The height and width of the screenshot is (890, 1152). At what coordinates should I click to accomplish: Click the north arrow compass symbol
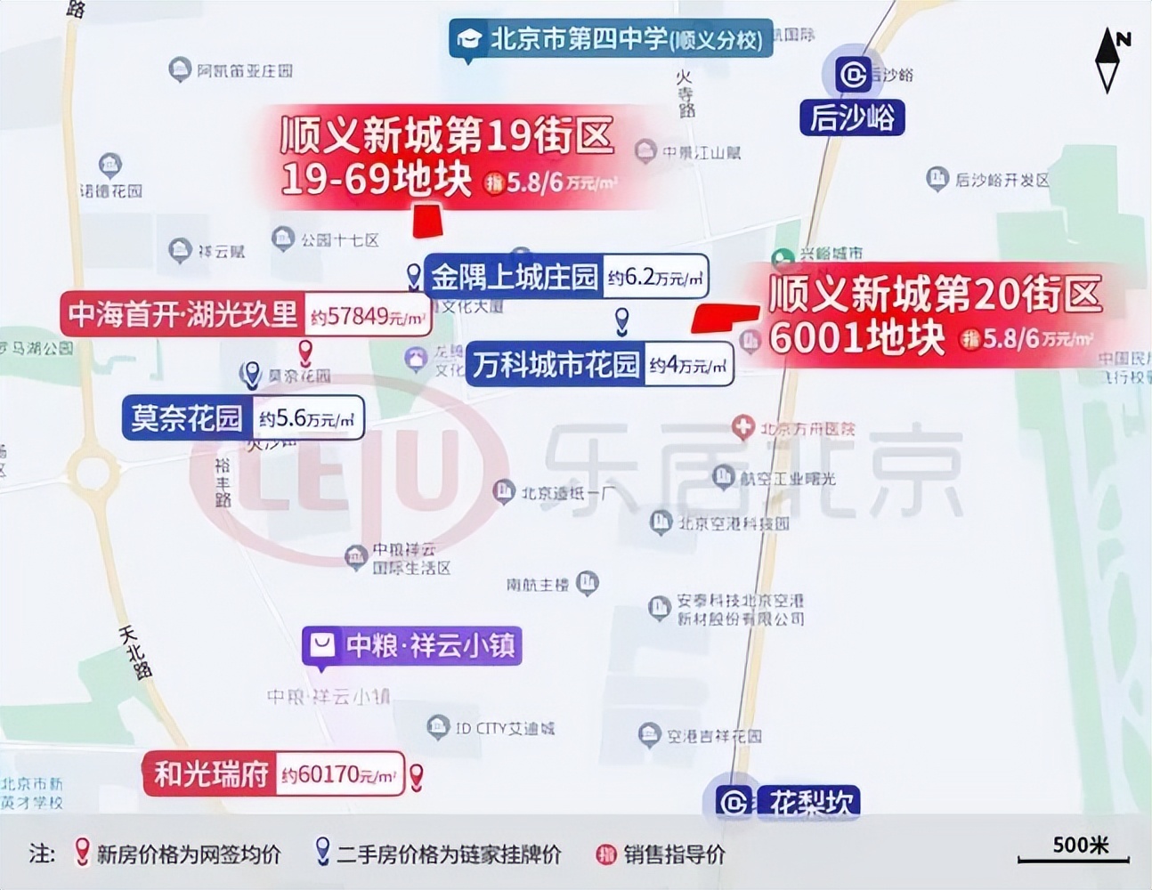(x=1107, y=60)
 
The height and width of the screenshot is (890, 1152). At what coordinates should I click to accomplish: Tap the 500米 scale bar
(x=1074, y=850)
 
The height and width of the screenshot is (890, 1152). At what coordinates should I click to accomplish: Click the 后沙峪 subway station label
(x=852, y=117)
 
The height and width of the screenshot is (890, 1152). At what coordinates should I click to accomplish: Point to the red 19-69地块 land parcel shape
(x=428, y=222)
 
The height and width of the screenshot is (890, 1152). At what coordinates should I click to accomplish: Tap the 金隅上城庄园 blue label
(x=514, y=278)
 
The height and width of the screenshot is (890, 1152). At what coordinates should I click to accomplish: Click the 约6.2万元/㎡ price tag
(x=657, y=278)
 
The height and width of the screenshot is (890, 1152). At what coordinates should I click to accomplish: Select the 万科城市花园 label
(x=556, y=364)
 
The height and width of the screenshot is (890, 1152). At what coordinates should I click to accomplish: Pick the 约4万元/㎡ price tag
(x=688, y=365)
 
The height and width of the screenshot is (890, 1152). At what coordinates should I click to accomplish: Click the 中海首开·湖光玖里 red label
(x=183, y=314)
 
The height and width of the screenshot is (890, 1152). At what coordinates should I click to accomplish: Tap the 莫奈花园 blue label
(x=186, y=417)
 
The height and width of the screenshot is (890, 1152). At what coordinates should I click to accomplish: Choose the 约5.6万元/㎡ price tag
(x=307, y=418)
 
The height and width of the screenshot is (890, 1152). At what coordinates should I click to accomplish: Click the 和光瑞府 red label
(x=211, y=773)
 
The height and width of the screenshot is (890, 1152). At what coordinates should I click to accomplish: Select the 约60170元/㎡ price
(x=338, y=775)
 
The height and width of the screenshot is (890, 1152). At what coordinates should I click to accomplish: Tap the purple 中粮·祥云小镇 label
(x=412, y=645)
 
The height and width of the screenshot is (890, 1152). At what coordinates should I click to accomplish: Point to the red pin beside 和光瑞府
(x=416, y=775)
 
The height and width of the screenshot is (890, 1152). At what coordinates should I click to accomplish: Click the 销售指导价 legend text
(x=674, y=854)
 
